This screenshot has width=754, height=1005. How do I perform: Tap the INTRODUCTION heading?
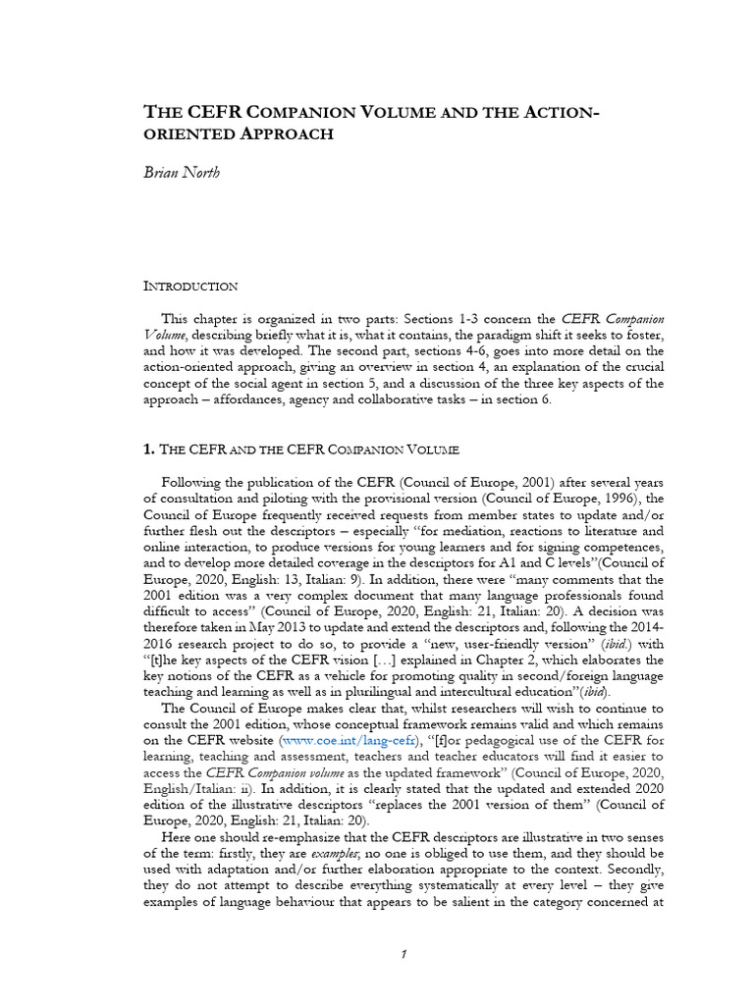[190, 286]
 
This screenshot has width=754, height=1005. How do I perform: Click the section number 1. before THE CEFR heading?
[149, 450]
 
